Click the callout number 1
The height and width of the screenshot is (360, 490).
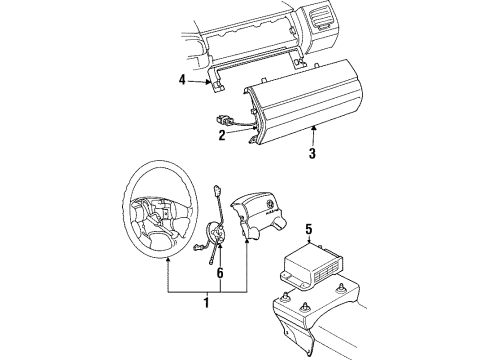pos(207,303)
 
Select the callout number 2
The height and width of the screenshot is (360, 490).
pos(222,135)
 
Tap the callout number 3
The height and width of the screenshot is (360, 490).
pos(312,153)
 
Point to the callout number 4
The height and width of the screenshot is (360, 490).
pos(182,80)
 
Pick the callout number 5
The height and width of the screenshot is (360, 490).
pos(309,229)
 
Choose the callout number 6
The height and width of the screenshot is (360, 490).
pos(220,273)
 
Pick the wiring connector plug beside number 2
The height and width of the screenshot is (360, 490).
pos(223,119)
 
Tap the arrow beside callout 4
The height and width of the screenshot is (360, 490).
pos(199,81)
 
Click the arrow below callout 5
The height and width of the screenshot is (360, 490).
pos(310,240)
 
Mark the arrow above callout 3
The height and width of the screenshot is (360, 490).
pos(313,136)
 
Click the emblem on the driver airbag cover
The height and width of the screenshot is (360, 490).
pos(268,204)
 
